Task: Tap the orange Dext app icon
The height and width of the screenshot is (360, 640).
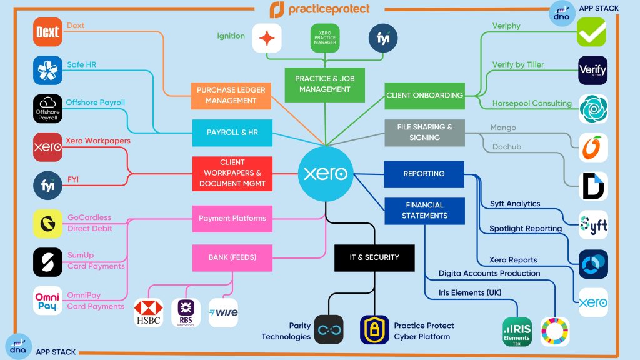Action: tap(48, 33)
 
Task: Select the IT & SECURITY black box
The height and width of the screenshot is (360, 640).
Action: tap(374, 257)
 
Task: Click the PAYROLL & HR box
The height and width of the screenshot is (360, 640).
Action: tap(232, 132)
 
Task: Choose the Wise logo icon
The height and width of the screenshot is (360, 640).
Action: tap(224, 312)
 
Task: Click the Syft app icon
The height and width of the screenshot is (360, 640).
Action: tap(592, 224)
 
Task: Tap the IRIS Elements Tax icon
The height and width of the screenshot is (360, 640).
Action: tap(517, 332)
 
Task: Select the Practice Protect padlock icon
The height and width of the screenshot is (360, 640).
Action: tap(374, 330)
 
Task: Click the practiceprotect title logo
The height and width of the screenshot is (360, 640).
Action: tap(320, 9)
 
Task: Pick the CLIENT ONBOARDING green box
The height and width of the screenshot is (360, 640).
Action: tap(424, 96)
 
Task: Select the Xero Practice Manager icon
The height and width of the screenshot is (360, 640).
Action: tap(326, 39)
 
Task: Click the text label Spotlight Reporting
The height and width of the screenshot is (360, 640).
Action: tap(525, 229)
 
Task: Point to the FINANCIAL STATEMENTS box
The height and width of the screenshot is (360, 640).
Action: tap(424, 211)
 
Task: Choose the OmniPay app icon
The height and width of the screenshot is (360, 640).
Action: tap(48, 301)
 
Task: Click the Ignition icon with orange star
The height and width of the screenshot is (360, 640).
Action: tap(267, 39)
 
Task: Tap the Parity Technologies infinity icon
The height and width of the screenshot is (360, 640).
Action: tap(329, 330)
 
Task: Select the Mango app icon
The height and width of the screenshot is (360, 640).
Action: tap(592, 148)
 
